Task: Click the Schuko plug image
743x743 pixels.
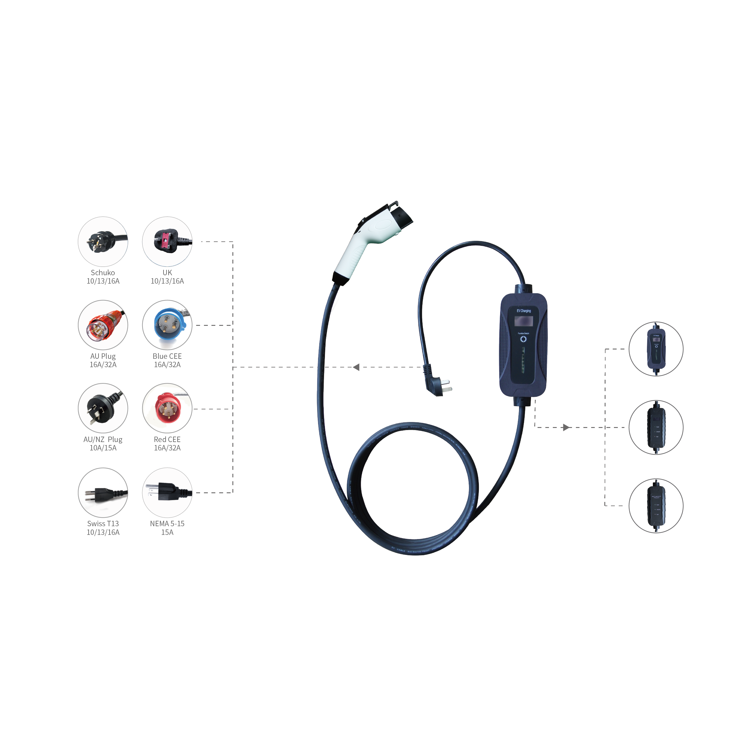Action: click(103, 241)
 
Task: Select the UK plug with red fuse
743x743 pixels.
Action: click(167, 241)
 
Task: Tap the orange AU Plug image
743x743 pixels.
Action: click(103, 325)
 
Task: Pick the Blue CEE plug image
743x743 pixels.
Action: click(167, 325)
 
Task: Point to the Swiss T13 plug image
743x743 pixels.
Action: click(103, 493)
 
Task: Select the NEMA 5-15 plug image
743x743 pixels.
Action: click(167, 493)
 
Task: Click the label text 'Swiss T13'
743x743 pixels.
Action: click(103, 523)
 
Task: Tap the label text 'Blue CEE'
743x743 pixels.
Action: click(167, 356)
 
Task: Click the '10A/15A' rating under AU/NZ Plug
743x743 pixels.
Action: click(103, 448)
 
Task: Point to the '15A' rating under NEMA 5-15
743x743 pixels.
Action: click(167, 532)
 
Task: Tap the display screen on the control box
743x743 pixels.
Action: click(523, 320)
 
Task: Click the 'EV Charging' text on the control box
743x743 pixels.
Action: click(523, 311)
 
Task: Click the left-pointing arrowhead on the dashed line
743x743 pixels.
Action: click(356, 367)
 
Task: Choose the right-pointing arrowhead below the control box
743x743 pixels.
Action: click(566, 427)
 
